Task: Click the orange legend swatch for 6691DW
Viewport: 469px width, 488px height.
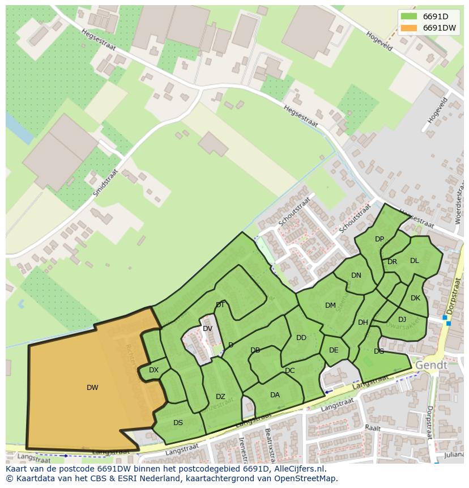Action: (x=408, y=28)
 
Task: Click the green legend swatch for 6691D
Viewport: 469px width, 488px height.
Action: (x=408, y=17)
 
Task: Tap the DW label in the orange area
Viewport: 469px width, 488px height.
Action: (x=92, y=388)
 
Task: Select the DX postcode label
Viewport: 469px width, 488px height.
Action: (x=154, y=370)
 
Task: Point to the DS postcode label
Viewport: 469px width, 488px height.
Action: (x=178, y=423)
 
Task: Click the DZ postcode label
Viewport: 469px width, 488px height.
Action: (x=220, y=397)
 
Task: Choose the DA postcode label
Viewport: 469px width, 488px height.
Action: (x=275, y=395)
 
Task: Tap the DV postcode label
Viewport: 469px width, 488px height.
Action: (x=207, y=329)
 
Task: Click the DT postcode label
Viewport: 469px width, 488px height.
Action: (x=220, y=305)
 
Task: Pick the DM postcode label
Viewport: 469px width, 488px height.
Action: (x=330, y=305)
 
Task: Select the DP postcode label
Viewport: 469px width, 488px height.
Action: (x=380, y=239)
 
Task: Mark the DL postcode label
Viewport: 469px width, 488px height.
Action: (x=415, y=261)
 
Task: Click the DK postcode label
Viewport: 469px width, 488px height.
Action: (x=415, y=298)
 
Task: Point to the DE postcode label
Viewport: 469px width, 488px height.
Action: (x=334, y=350)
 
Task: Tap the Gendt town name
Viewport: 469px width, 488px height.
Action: (x=431, y=366)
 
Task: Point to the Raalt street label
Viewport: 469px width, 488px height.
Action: (x=373, y=427)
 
